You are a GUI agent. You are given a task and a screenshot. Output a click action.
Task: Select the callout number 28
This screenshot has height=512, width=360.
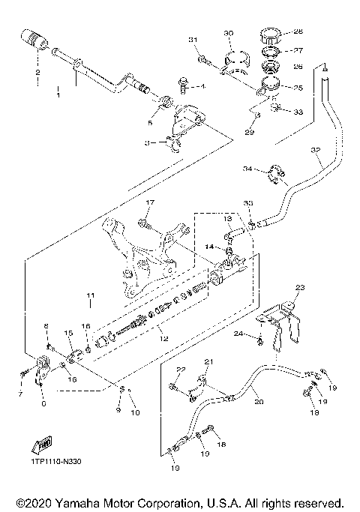(298, 32)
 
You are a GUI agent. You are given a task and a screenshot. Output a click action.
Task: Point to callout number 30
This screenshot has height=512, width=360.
(229, 33)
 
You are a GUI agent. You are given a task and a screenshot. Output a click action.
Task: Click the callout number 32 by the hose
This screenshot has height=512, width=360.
(315, 151)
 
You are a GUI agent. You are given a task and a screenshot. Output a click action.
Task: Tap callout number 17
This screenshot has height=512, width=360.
(148, 202)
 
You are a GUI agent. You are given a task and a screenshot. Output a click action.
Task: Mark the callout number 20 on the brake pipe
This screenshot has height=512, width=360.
(259, 402)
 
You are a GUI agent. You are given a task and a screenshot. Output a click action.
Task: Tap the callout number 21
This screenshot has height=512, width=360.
(208, 362)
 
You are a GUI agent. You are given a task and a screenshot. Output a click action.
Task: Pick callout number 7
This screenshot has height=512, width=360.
(20, 393)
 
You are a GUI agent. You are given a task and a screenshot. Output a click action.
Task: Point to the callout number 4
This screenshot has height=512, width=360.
(202, 86)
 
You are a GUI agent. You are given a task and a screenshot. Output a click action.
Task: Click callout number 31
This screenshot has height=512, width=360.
(192, 39)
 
